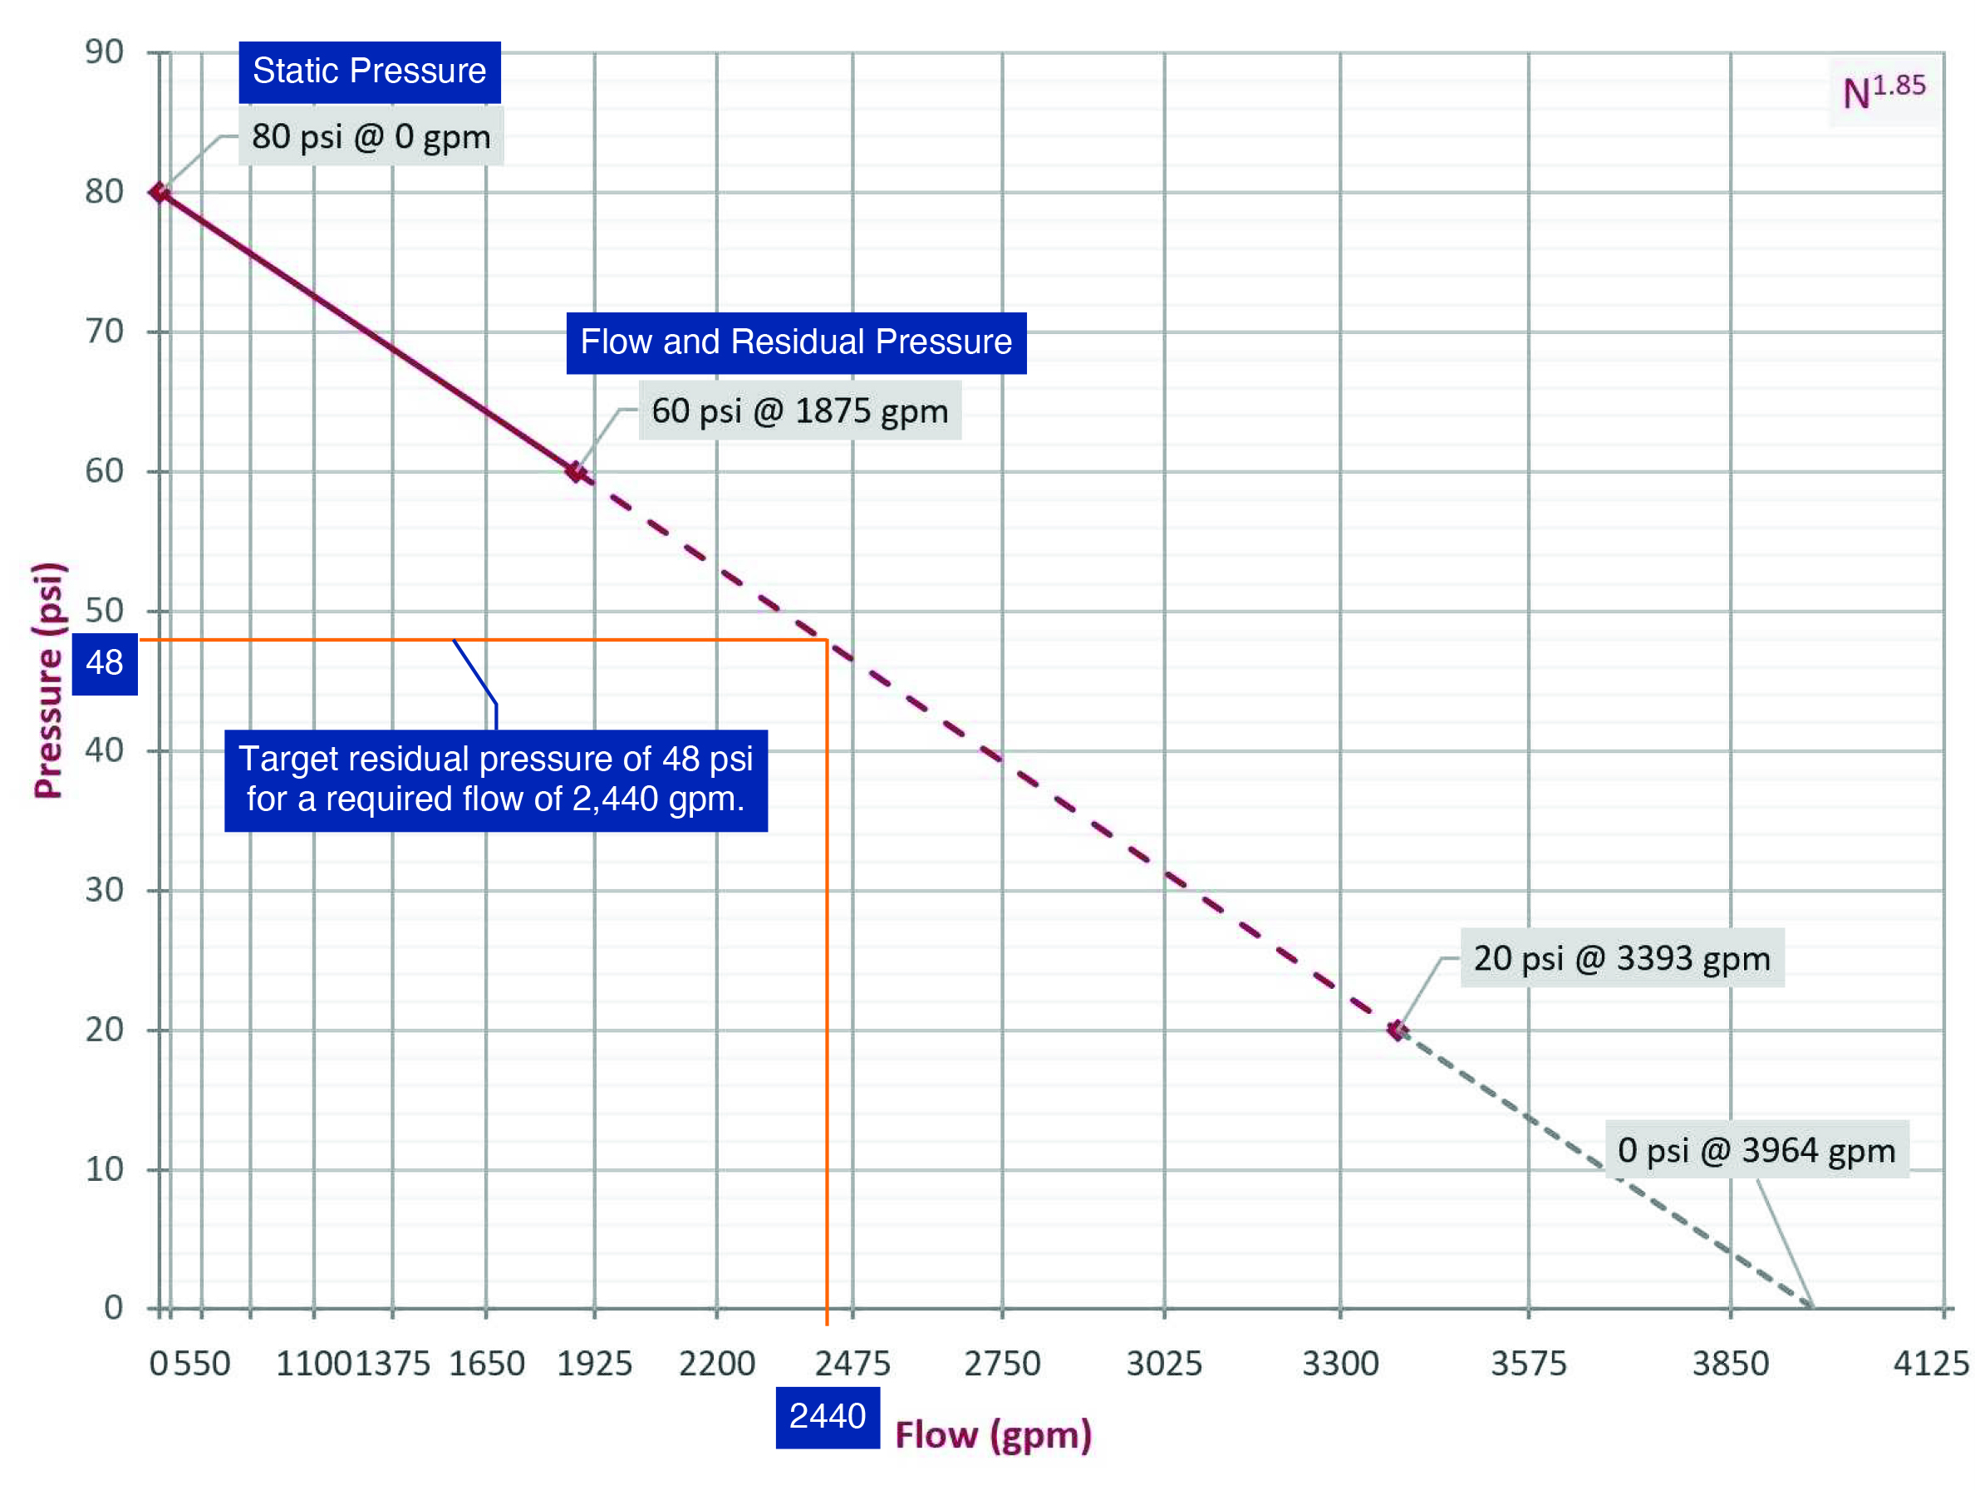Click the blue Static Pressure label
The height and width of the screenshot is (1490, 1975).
pyautogui.click(x=369, y=71)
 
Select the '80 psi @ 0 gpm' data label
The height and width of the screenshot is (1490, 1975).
pyautogui.click(x=371, y=136)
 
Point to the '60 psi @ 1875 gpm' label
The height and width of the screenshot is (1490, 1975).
pyautogui.click(x=799, y=411)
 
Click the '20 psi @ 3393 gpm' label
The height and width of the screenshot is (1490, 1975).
pyautogui.click(x=1621, y=958)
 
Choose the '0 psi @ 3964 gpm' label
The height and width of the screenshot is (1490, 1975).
pyautogui.click(x=1756, y=1150)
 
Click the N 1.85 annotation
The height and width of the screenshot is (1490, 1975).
pyautogui.click(x=1883, y=91)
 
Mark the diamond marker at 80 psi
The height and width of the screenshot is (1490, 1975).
pyautogui.click(x=160, y=192)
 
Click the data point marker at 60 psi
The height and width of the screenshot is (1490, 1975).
pyautogui.click(x=577, y=471)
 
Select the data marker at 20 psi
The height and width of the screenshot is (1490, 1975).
pyautogui.click(x=1398, y=1030)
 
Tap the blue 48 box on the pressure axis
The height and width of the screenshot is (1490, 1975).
pyautogui.click(x=105, y=663)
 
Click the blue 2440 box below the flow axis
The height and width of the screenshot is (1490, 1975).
pyautogui.click(x=827, y=1417)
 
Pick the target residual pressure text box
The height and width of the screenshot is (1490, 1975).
pyautogui.click(x=495, y=779)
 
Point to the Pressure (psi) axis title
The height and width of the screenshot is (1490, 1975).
pyautogui.click(x=48, y=681)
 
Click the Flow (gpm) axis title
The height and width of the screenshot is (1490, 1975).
pyautogui.click(x=993, y=1434)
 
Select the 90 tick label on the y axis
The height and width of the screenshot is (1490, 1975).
pyautogui.click(x=105, y=52)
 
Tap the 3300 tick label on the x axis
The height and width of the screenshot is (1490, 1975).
pyautogui.click(x=1340, y=1363)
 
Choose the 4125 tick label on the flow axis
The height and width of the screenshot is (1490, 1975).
pyautogui.click(x=1930, y=1363)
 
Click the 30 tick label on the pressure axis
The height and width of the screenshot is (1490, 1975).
pyautogui.click(x=105, y=890)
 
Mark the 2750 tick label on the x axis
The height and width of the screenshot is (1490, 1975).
pyautogui.click(x=1002, y=1363)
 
